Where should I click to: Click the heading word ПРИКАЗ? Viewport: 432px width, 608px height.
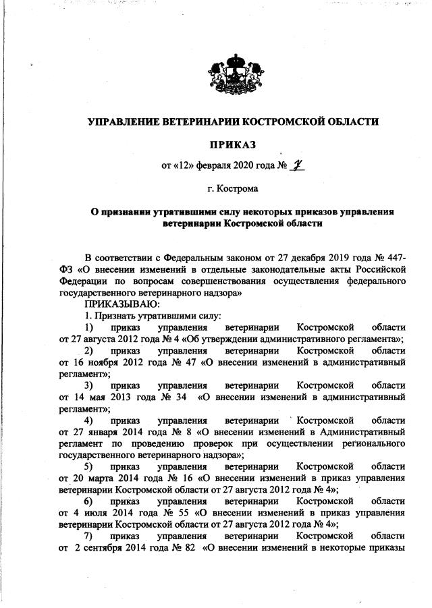point(233,144)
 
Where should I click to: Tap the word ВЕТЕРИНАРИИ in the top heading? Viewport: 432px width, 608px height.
point(198,122)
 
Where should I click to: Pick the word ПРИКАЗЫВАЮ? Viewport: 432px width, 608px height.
point(117,304)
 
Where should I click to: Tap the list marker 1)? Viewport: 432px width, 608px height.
point(88,327)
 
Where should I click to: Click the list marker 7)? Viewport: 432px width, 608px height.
point(88,534)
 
